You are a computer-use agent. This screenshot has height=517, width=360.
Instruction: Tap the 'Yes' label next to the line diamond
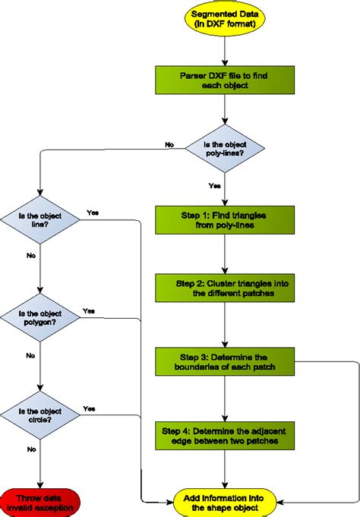click(x=92, y=212)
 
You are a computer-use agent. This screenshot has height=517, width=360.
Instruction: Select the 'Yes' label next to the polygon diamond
click(x=88, y=311)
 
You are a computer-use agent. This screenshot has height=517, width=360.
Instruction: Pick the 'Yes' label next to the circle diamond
click(x=90, y=408)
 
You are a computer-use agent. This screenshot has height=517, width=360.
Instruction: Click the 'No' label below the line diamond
click(x=30, y=256)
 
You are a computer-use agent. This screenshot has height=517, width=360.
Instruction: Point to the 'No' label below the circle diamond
click(x=30, y=449)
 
